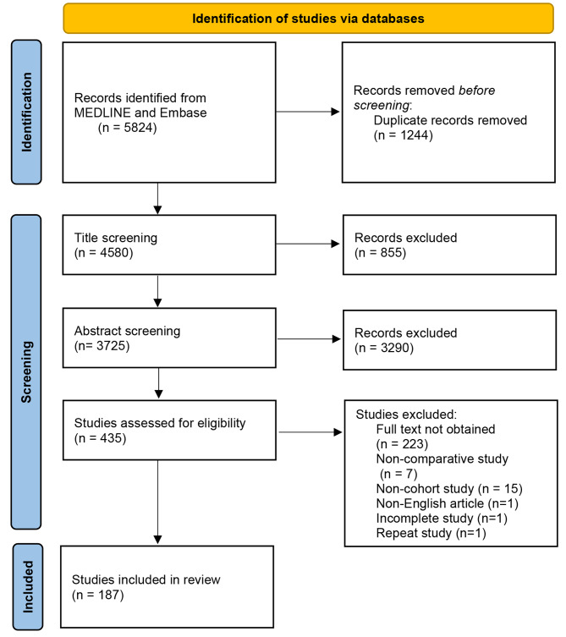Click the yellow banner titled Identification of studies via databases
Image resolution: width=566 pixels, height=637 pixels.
(307, 17)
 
